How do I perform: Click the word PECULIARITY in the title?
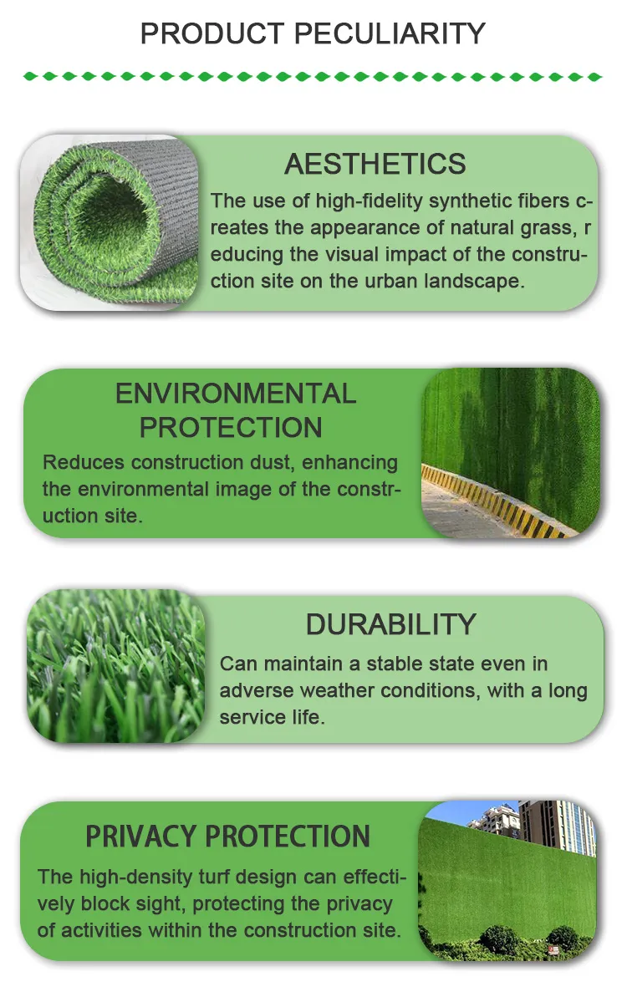pyautogui.click(x=389, y=33)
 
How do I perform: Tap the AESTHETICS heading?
pyautogui.click(x=375, y=164)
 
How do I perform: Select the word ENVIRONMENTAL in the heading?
pyautogui.click(x=236, y=394)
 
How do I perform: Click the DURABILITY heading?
pyautogui.click(x=390, y=624)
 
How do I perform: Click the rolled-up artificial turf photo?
pyautogui.click(x=109, y=223)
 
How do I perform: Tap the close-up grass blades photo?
pyautogui.click(x=115, y=666)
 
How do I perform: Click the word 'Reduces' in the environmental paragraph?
pyautogui.click(x=83, y=462)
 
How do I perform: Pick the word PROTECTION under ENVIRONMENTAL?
pyautogui.click(x=231, y=428)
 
